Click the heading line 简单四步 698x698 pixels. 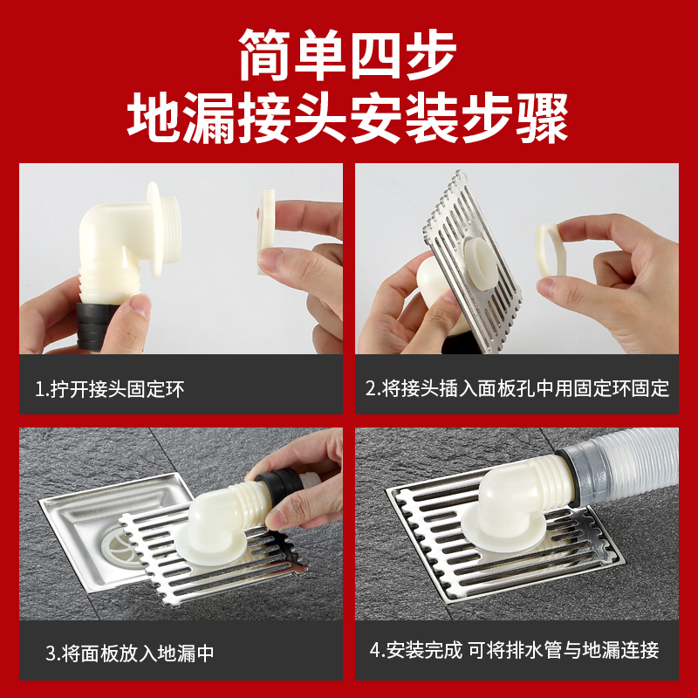coord(347,54)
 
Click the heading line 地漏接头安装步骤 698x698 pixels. coord(347,118)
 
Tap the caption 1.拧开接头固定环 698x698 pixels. coord(110,389)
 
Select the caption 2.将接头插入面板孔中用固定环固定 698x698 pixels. coord(517,388)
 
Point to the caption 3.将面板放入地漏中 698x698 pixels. coord(129,653)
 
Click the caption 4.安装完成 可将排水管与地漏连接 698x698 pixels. coord(514,650)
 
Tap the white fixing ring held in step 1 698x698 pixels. coord(266,231)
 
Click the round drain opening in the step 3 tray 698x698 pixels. coord(120,546)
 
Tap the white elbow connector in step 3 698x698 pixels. coord(222,517)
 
